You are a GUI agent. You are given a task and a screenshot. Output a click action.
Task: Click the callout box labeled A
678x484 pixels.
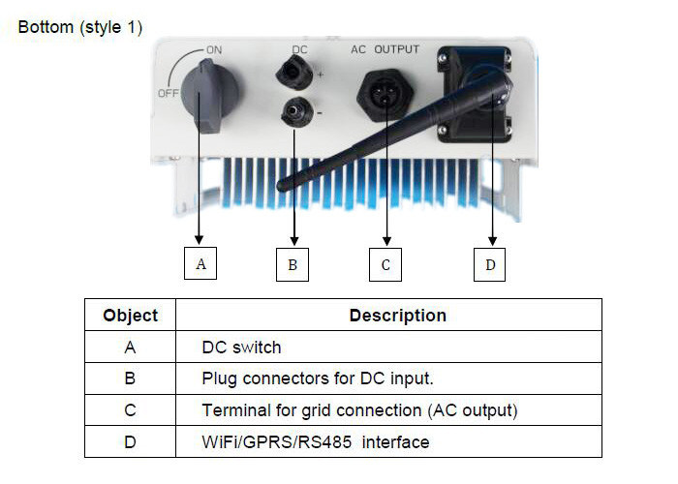coord(200,263)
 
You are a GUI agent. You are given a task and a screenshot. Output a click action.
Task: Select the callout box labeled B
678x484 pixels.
coord(293,263)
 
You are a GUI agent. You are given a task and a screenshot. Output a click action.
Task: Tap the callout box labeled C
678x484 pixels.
coord(385,263)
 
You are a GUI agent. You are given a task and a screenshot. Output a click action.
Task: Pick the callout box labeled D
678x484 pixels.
coord(490,263)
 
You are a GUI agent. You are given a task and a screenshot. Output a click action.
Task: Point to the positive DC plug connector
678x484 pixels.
coord(290,71)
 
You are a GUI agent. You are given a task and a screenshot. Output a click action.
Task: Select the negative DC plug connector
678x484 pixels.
coord(290,113)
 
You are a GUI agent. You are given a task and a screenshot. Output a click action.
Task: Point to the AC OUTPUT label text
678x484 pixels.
coord(384,46)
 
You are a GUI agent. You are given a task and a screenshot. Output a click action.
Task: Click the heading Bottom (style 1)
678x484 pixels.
coord(80,27)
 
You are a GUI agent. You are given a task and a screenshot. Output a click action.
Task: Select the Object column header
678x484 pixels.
coord(130,316)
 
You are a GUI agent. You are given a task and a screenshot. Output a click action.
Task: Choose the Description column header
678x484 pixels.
coord(397,316)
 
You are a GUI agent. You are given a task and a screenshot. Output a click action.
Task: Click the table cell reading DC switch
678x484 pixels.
coord(241,347)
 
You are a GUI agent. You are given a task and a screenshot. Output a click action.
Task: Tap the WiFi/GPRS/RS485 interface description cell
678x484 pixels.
coord(315,441)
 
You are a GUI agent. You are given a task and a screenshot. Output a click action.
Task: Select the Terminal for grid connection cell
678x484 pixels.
coord(359,410)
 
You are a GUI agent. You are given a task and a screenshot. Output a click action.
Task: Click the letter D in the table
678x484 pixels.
coord(130,441)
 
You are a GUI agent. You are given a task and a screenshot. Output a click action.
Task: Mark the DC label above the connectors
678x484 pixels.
coord(299,47)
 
